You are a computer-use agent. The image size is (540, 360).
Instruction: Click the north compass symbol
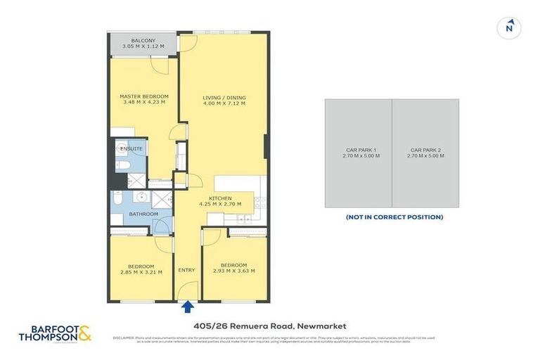point(509,28)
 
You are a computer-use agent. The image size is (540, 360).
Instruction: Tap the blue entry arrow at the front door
point(188,306)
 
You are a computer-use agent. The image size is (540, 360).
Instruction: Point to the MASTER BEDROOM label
point(143,96)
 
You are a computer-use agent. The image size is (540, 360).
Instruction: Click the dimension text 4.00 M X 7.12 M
point(224,103)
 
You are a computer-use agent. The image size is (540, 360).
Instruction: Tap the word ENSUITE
point(131,149)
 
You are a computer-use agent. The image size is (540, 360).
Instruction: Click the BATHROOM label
point(143,214)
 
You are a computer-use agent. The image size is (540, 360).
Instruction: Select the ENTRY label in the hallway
point(187,270)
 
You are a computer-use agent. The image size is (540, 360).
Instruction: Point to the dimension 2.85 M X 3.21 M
point(141,272)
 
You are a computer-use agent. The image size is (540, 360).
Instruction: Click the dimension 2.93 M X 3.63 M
point(233,271)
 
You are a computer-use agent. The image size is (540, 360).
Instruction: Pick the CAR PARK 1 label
point(359,150)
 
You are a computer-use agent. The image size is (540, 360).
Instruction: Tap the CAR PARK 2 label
point(425,150)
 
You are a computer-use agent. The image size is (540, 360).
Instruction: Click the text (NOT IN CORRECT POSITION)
point(394,217)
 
